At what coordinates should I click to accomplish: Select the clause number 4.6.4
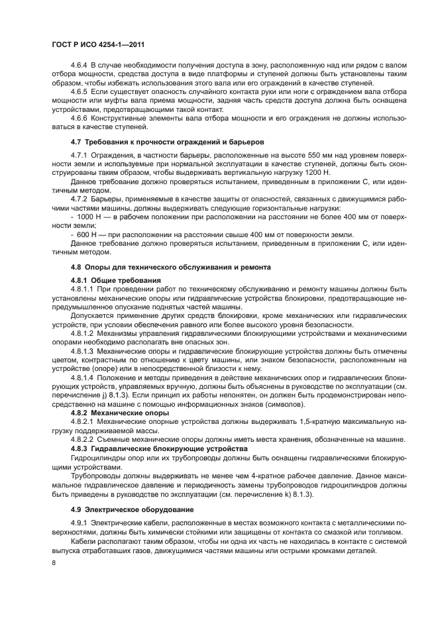point(80,66)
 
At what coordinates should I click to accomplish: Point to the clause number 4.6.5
point(80,92)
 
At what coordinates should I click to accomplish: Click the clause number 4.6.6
point(80,118)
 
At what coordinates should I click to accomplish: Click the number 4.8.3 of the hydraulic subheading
point(80,448)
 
